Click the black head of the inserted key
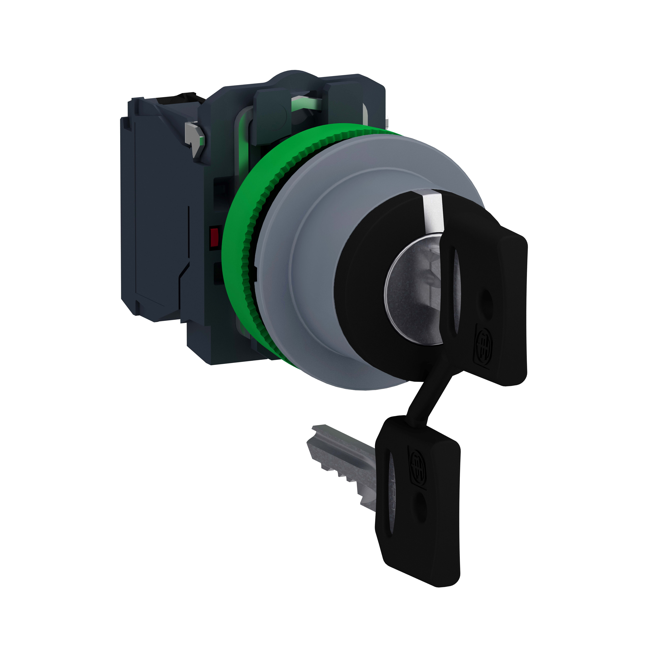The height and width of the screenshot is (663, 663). [x=498, y=302]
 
